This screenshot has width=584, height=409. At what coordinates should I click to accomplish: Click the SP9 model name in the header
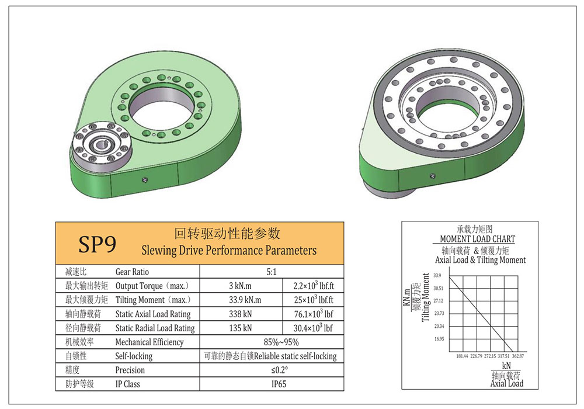point(98,244)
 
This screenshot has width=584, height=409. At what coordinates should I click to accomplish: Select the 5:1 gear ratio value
point(272,272)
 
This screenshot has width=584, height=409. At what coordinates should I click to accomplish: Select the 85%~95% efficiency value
point(272,342)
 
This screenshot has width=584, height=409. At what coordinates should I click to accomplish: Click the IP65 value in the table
point(272,384)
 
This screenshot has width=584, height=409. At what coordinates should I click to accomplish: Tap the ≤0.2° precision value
point(272,370)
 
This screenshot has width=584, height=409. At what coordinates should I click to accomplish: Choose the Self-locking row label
point(134,356)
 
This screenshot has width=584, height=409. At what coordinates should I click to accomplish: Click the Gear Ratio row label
point(132,272)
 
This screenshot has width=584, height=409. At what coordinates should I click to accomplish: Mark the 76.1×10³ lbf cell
point(313,314)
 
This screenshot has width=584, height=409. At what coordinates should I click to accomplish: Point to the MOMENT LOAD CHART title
point(477,239)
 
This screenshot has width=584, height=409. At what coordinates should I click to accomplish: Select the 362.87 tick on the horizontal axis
point(517,356)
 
